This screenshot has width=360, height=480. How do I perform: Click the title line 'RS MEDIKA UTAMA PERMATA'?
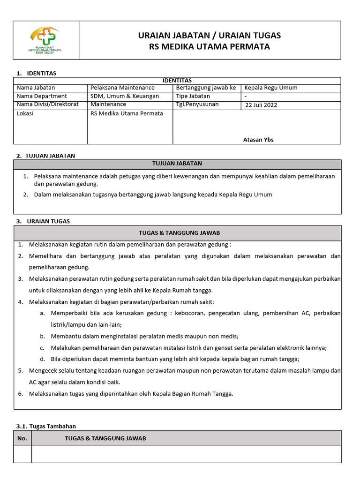click(210, 47)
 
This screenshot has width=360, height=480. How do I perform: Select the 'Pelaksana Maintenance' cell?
click(122, 88)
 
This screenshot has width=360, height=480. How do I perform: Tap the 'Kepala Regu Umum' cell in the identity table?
click(271, 88)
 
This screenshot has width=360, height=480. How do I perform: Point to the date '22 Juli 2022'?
click(261, 105)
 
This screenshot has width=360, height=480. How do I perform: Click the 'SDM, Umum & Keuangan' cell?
click(125, 96)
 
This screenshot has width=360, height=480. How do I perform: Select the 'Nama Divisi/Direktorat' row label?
click(48, 104)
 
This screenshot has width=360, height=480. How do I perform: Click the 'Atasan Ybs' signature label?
click(258, 139)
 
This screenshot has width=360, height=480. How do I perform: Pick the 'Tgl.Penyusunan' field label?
click(197, 104)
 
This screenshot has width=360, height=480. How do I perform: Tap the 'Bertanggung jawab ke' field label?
click(206, 88)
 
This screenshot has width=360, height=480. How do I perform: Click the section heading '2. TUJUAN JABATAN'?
click(45, 156)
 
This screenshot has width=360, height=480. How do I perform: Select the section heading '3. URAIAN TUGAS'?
click(43, 221)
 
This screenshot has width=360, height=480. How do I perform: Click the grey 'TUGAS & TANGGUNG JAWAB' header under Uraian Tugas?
click(180, 232)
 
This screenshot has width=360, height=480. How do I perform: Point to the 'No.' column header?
click(22, 438)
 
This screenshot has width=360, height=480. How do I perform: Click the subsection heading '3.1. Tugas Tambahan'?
click(46, 426)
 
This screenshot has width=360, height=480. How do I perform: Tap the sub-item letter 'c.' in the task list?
click(42, 347)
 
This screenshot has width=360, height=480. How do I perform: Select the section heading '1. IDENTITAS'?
click(36, 73)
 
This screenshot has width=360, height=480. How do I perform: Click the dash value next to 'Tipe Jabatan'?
click(246, 96)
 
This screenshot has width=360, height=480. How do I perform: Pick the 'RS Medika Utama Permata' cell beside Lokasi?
click(127, 113)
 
